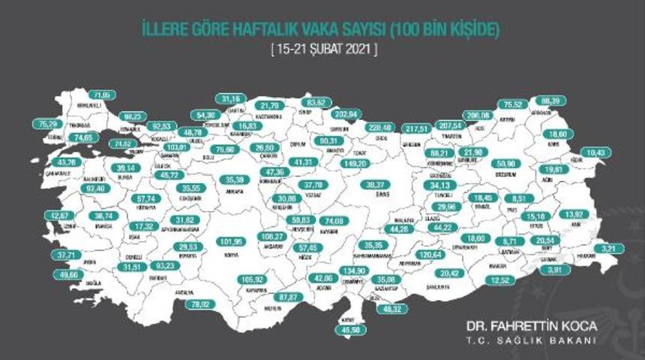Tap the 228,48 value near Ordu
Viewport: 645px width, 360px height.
pos(376,126)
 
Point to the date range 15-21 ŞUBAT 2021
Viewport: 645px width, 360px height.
pos(323,49)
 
